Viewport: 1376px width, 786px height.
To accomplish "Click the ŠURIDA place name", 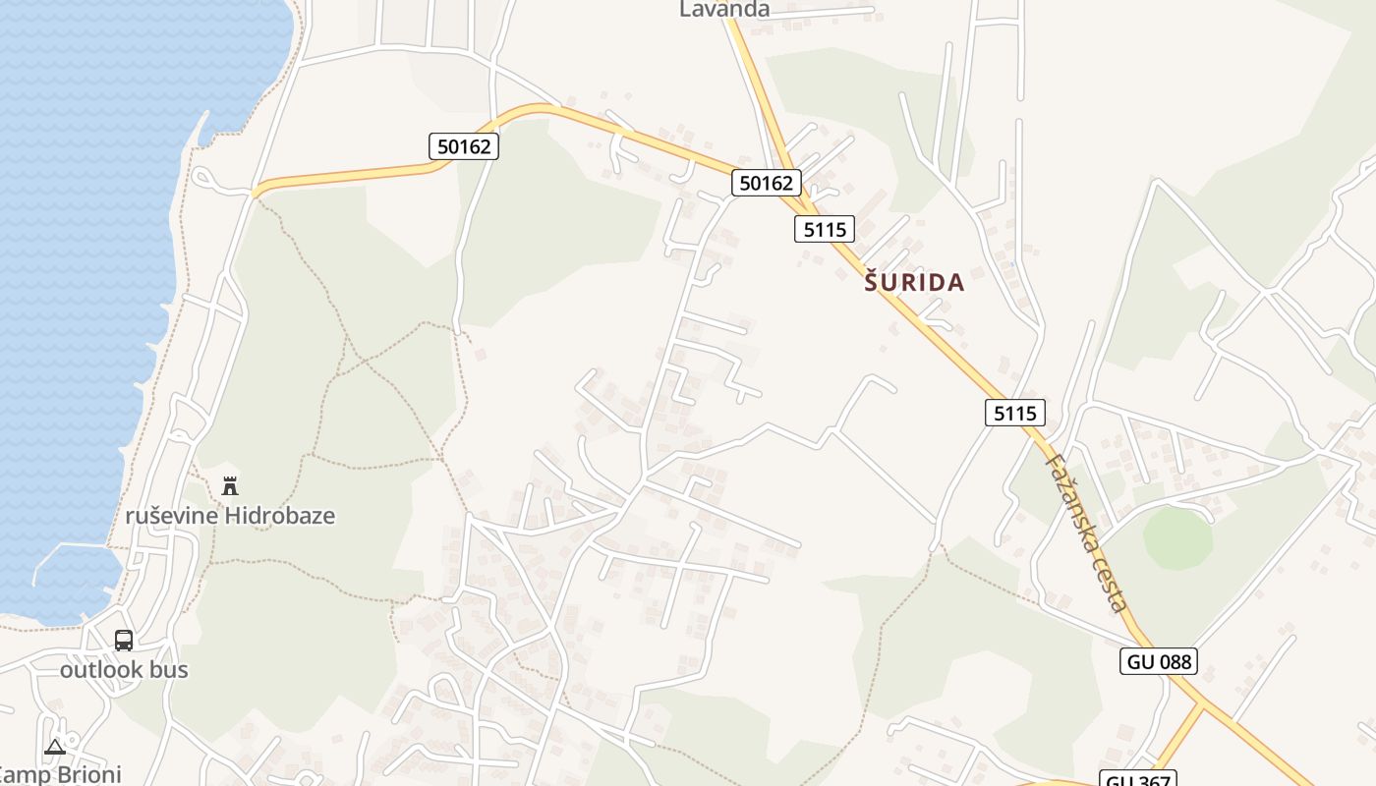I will tap(914, 283).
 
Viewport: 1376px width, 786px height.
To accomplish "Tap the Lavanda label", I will tap(724, 9).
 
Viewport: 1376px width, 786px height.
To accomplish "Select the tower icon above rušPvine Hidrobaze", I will tap(230, 485).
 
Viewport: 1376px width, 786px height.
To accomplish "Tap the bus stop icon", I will tap(124, 641).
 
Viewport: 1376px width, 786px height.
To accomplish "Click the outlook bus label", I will tap(124, 670).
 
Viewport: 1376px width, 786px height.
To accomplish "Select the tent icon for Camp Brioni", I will tap(54, 748).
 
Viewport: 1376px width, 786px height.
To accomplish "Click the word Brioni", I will tap(86, 774).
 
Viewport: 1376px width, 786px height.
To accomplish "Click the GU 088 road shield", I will tap(1159, 661).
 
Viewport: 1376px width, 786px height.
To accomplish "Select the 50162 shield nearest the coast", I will tap(464, 146).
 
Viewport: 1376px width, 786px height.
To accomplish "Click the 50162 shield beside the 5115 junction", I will tap(766, 182).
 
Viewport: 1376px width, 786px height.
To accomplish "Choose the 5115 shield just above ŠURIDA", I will tap(824, 229).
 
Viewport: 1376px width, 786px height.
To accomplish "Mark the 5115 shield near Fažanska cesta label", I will tap(1014, 413).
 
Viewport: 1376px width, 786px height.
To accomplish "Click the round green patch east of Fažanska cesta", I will tap(1177, 538).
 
